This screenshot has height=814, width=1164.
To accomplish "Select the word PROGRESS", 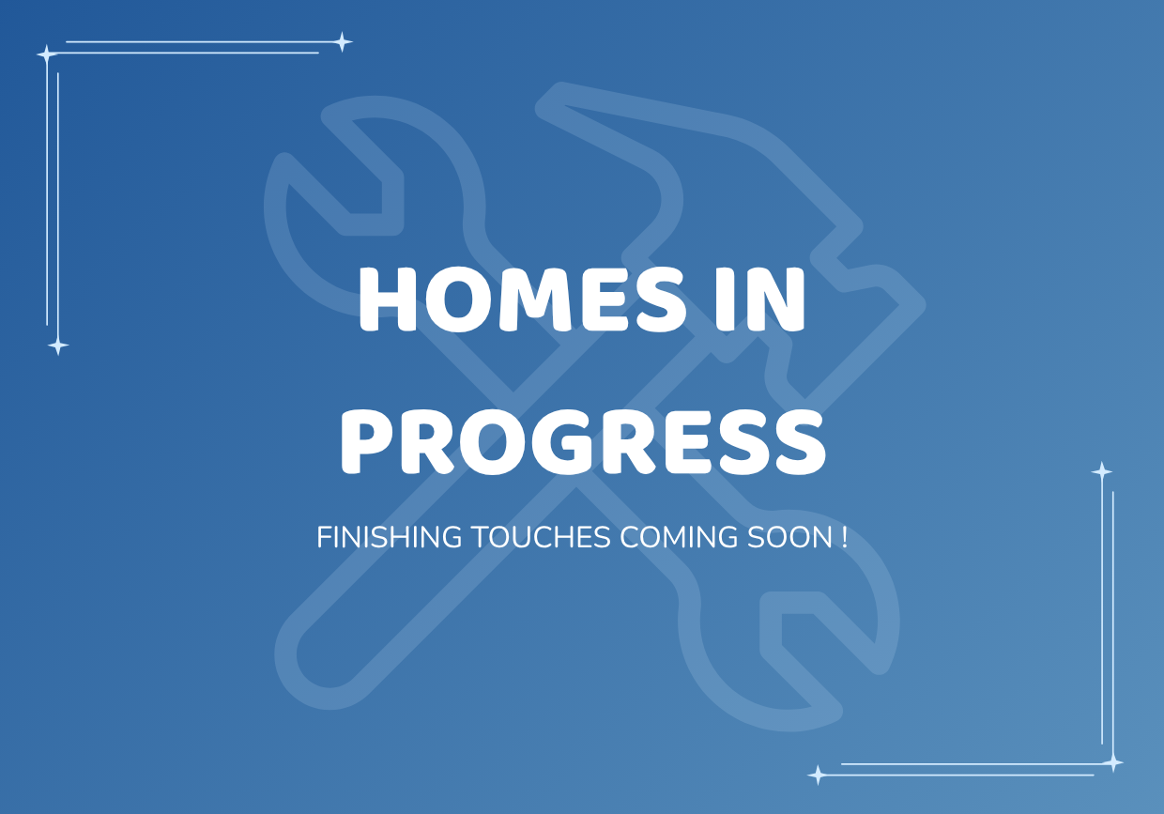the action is (x=583, y=442).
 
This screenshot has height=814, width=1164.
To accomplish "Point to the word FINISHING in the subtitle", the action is (x=390, y=537).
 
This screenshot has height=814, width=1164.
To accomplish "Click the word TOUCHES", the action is (x=541, y=537).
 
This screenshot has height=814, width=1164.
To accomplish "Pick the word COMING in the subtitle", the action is (x=679, y=537).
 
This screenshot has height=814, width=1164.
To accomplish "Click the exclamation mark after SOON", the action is (x=844, y=537).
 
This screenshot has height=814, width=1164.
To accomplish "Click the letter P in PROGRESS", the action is (x=369, y=442).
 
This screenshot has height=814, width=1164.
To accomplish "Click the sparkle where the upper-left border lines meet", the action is (x=47, y=54).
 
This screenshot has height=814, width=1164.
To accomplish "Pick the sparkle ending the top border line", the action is (x=342, y=42).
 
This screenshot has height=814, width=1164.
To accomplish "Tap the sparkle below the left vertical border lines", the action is (x=57, y=346).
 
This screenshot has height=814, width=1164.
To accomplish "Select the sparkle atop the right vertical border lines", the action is (x=1102, y=471).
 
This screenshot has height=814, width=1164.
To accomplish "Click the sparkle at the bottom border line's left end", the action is (x=818, y=775).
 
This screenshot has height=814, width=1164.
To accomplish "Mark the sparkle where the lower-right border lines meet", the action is (x=1112, y=763).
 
